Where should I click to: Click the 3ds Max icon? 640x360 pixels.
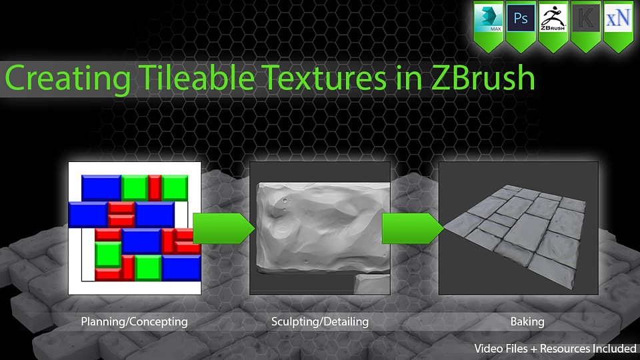(x=488, y=18)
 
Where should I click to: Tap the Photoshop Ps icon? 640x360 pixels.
(x=521, y=18)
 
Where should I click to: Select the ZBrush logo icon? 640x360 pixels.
(x=553, y=18)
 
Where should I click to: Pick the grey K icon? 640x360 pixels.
(x=586, y=18)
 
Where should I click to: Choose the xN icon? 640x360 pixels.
(x=618, y=18)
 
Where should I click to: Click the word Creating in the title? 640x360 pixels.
(x=68, y=79)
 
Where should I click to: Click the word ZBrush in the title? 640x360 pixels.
(x=483, y=77)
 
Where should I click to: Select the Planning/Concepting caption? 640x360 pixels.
(x=134, y=322)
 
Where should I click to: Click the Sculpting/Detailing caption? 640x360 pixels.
(x=320, y=322)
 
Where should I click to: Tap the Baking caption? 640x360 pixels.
(x=527, y=321)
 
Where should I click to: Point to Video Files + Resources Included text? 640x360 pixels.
(x=555, y=349)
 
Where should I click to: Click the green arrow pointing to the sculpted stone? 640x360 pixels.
(x=223, y=229)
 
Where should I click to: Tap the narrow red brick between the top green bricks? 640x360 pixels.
(x=155, y=188)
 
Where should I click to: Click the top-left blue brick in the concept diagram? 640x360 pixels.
(x=101, y=188)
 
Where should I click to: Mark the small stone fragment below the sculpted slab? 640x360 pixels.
(x=372, y=284)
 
